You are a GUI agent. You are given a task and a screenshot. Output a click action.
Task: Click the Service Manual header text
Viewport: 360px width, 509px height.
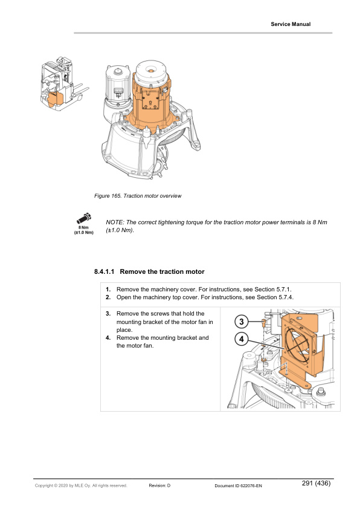tap(291, 24)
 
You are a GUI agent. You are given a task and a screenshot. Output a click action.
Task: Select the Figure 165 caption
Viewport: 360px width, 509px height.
tap(138, 196)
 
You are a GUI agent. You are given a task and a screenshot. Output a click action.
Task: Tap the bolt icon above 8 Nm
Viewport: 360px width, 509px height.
tap(84, 218)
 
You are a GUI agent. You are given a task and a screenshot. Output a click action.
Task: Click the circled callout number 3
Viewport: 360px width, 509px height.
tap(241, 322)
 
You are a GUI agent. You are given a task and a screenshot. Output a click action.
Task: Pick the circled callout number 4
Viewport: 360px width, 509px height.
tap(241, 339)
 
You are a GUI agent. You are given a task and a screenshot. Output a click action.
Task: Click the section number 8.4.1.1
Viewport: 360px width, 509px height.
tap(104, 271)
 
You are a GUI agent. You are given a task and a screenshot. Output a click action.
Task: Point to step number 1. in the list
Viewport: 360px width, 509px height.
tap(108, 289)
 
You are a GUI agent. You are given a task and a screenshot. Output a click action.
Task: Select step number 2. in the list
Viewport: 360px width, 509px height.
tap(108, 297)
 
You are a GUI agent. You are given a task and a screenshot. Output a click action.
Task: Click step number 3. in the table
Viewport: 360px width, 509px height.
tap(108, 314)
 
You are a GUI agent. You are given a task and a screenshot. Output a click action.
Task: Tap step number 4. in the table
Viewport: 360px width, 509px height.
tap(108, 337)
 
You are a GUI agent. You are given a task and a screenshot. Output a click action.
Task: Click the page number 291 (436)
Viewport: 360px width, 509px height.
tap(316, 483)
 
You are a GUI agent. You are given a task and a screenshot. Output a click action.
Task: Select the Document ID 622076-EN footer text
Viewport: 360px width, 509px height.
tap(238, 486)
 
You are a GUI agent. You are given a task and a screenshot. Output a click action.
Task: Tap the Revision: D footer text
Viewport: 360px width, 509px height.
tap(159, 485)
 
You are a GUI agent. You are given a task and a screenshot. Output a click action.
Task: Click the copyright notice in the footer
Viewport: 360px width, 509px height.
tap(81, 485)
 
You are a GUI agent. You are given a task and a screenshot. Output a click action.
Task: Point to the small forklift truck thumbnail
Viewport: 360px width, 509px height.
tap(64, 84)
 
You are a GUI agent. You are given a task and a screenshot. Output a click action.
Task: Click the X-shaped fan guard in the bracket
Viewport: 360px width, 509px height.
tap(299, 344)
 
